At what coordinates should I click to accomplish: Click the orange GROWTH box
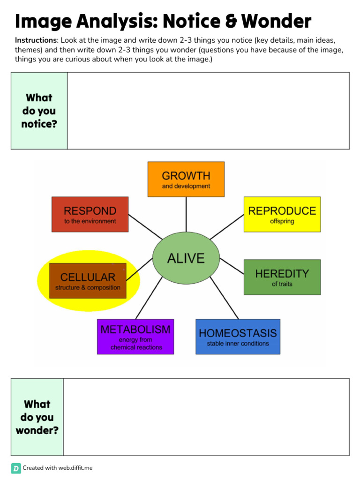[x=186, y=179]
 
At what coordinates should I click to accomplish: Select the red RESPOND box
[x=90, y=214]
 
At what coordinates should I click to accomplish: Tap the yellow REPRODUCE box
[x=282, y=214]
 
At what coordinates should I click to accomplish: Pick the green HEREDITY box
[x=282, y=277]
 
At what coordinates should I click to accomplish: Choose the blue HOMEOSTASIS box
[x=238, y=337]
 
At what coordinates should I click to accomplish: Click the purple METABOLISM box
[x=135, y=337]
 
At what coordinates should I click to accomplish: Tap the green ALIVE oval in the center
[x=186, y=258]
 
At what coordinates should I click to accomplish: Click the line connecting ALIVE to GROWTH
[x=186, y=215]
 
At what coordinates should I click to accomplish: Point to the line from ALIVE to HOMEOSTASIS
[x=225, y=298]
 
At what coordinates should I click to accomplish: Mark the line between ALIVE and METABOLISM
[x=149, y=298]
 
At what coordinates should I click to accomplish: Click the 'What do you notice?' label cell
[x=39, y=111]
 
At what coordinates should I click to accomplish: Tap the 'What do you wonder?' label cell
[x=37, y=417]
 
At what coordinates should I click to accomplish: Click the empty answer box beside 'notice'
[x=208, y=111]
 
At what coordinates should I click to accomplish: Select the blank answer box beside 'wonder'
[x=206, y=417]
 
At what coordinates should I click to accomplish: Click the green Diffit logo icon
[x=16, y=468]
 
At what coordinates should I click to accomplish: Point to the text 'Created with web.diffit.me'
[x=58, y=468]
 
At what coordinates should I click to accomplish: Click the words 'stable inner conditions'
[x=238, y=344]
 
